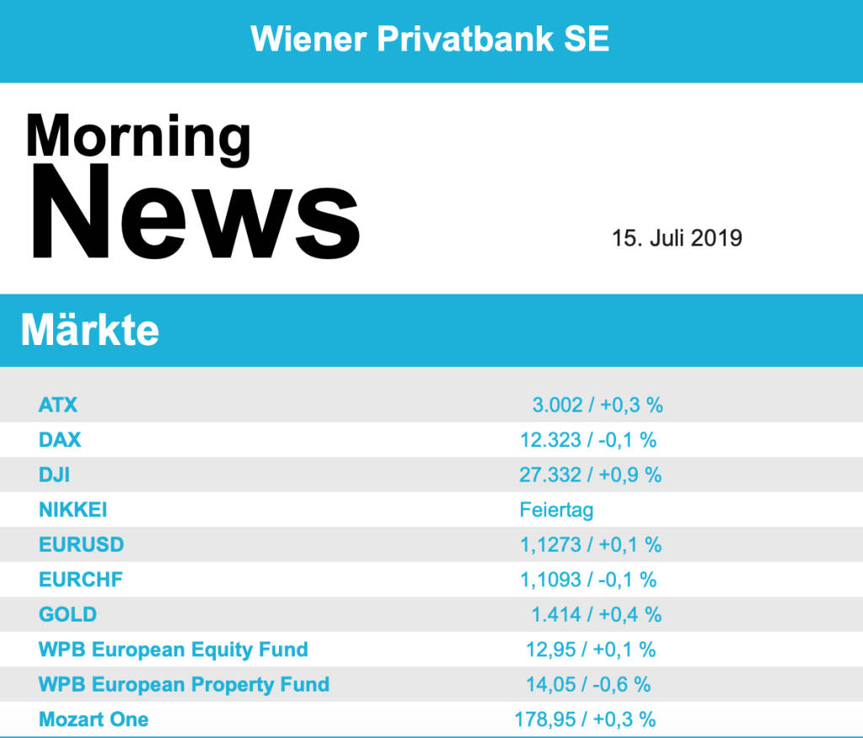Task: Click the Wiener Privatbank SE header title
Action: click(x=430, y=39)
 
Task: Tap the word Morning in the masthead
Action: click(x=138, y=137)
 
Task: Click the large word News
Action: click(x=196, y=211)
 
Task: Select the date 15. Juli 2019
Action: click(x=677, y=238)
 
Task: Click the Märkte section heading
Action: click(x=89, y=330)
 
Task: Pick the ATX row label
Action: click(x=58, y=405)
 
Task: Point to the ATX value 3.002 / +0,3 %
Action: click(x=597, y=405)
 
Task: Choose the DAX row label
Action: click(x=60, y=439)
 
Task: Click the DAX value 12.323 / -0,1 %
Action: click(x=588, y=439)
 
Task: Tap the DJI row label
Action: click(x=54, y=475)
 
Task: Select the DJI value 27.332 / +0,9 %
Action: click(x=590, y=475)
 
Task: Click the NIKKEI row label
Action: click(x=72, y=510)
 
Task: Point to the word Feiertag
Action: click(x=556, y=510)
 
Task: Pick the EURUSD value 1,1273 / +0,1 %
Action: click(x=590, y=545)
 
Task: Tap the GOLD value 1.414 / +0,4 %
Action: click(x=596, y=615)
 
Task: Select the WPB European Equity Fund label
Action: click(x=173, y=649)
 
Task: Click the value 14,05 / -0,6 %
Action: click(x=588, y=684)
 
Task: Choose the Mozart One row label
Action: click(x=94, y=719)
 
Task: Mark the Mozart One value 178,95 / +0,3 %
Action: click(x=585, y=719)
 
